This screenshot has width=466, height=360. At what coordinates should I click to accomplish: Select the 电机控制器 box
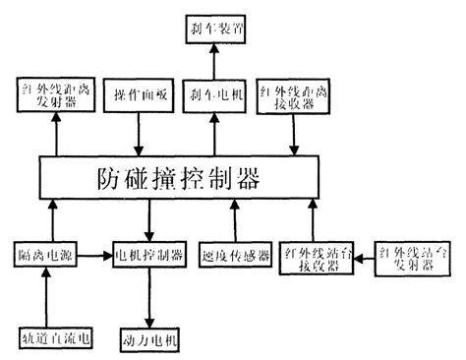pos(148,255)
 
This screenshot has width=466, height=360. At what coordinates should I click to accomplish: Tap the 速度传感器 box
pos(232,255)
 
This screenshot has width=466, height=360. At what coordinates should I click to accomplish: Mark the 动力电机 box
pos(148,339)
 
